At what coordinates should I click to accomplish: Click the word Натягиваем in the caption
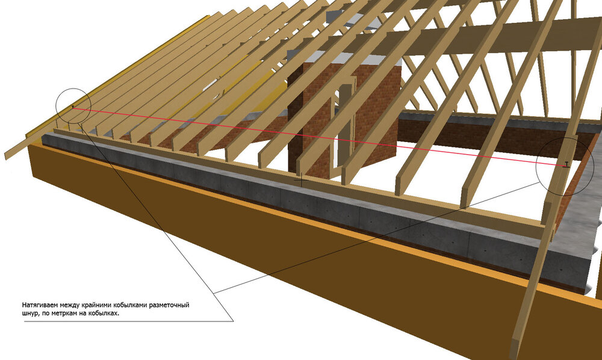[40, 305]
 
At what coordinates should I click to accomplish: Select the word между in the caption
[69, 305]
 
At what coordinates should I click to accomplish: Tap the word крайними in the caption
[96, 305]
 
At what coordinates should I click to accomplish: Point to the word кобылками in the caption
[130, 305]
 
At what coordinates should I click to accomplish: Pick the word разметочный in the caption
[169, 305]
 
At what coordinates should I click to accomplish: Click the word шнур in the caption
[29, 314]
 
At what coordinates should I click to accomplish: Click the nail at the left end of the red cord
[73, 107]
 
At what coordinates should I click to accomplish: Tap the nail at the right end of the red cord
[566, 164]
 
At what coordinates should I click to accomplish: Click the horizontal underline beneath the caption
[129, 321]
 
